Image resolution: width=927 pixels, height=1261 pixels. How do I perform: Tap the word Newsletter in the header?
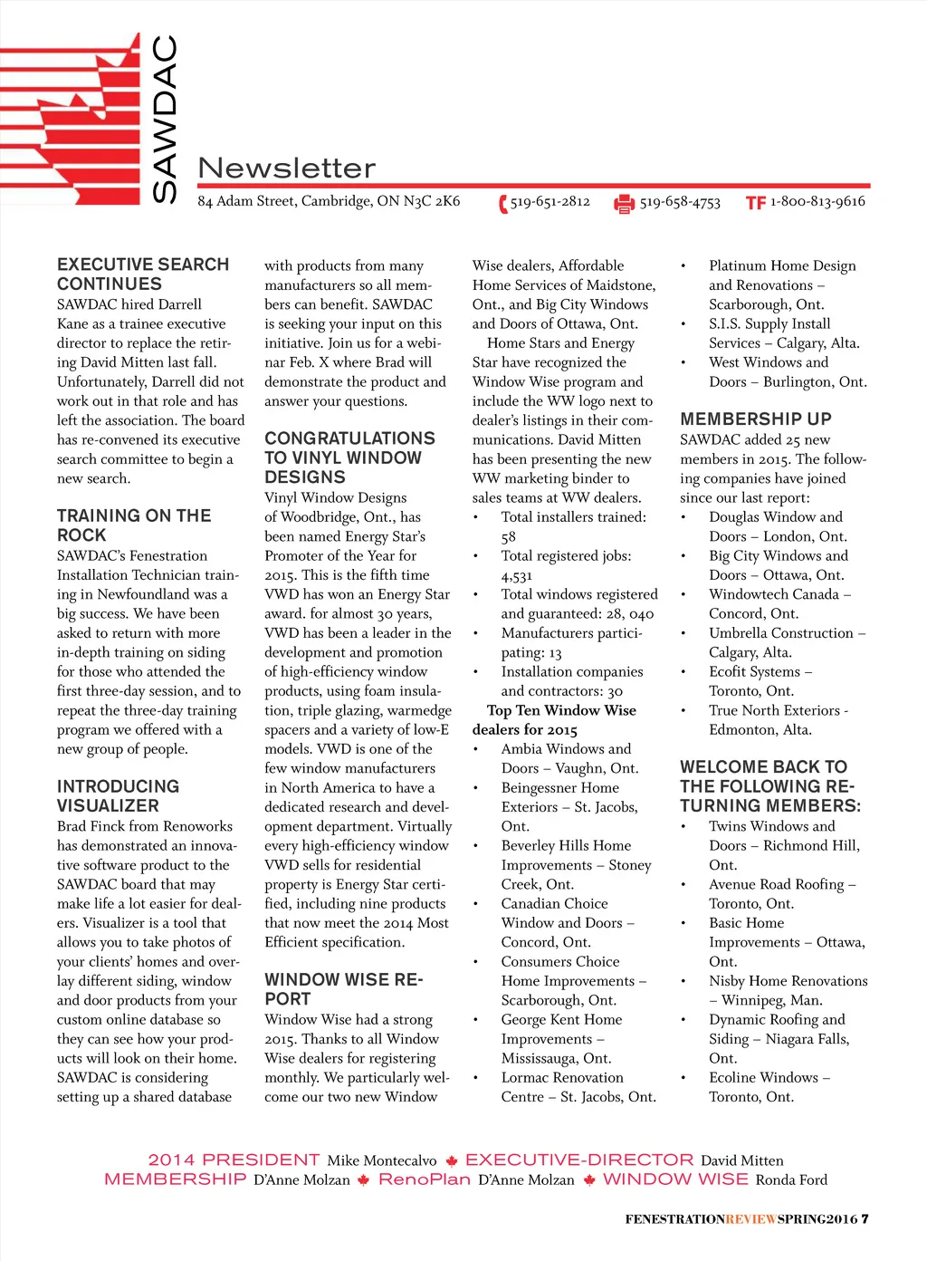[286, 168]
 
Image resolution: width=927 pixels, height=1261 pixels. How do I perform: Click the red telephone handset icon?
[502, 204]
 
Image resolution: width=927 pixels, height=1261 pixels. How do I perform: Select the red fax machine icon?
[624, 204]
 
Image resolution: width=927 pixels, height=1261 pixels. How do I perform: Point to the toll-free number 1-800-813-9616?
[817, 201]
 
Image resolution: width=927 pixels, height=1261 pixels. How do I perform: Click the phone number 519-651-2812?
[550, 201]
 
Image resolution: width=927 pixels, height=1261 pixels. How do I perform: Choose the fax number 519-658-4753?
[680, 202]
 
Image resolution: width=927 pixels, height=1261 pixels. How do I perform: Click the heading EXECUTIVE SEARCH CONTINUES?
[142, 274]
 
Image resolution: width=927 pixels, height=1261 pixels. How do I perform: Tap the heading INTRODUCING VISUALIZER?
[118, 795]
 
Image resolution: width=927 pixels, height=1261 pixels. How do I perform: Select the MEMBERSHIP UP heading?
[755, 419]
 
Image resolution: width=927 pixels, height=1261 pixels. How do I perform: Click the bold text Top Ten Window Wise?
[561, 710]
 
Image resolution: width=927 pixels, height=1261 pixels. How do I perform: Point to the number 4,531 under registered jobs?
[517, 575]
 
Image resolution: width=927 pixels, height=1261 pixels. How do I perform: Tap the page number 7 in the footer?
[865, 1218]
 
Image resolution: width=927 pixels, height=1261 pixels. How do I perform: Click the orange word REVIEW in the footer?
[750, 1219]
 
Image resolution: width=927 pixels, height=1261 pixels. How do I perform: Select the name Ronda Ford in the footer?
[791, 1179]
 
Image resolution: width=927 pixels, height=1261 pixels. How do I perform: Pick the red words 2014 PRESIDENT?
[234, 1160]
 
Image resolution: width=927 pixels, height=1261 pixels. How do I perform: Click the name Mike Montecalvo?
[381, 1160]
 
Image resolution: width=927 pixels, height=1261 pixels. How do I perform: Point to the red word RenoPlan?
[424, 1179]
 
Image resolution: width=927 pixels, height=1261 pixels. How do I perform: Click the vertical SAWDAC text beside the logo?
[166, 118]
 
